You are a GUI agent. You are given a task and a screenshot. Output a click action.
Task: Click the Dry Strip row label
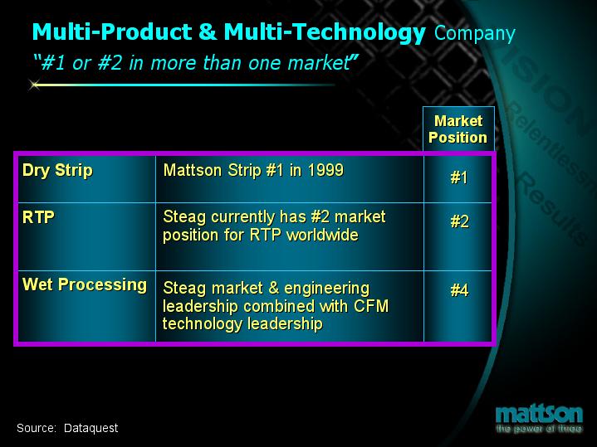coord(57,171)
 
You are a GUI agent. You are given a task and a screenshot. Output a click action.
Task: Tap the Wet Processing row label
coord(85,285)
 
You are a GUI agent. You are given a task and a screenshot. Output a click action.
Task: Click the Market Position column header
coord(458,129)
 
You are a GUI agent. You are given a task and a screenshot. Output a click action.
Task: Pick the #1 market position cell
coord(458,179)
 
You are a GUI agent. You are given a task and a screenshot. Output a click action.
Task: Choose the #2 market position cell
coord(458,222)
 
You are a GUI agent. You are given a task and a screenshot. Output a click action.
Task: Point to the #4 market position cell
coord(458,290)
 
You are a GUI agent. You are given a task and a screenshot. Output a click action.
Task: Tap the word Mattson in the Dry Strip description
coord(193,171)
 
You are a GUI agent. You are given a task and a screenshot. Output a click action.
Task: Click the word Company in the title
coord(474,34)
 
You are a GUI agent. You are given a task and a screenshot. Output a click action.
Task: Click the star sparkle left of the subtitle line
coord(35,85)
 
